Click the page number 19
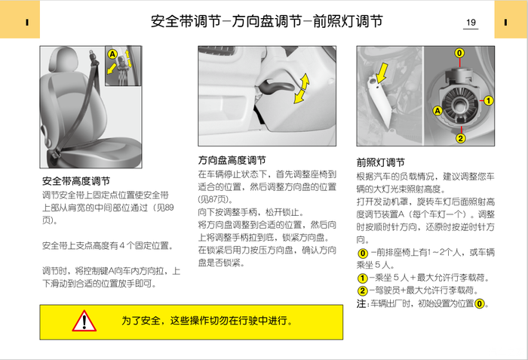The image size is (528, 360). [471, 23]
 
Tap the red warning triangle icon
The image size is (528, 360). [84, 322]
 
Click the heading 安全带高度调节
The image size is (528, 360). [76, 181]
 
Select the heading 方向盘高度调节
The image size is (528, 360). [232, 160]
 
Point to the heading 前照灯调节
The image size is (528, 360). [380, 162]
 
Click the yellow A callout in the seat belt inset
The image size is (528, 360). [112, 54]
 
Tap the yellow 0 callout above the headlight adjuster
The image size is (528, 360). [459, 53]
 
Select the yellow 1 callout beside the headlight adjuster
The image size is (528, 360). [488, 100]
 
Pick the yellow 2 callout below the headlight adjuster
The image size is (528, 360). [460, 138]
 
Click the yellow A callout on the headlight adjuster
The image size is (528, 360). [437, 110]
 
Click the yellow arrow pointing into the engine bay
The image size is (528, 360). [382, 72]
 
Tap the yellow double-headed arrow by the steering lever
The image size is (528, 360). [301, 88]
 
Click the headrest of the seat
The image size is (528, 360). [63, 60]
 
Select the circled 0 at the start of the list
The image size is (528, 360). [362, 253]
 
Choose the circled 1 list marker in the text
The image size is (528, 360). [362, 278]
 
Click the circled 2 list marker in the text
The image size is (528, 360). [362, 291]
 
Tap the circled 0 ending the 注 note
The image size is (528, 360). [480, 303]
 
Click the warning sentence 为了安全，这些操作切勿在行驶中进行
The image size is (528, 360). [207, 321]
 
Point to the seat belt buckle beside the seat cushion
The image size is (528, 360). [54, 155]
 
